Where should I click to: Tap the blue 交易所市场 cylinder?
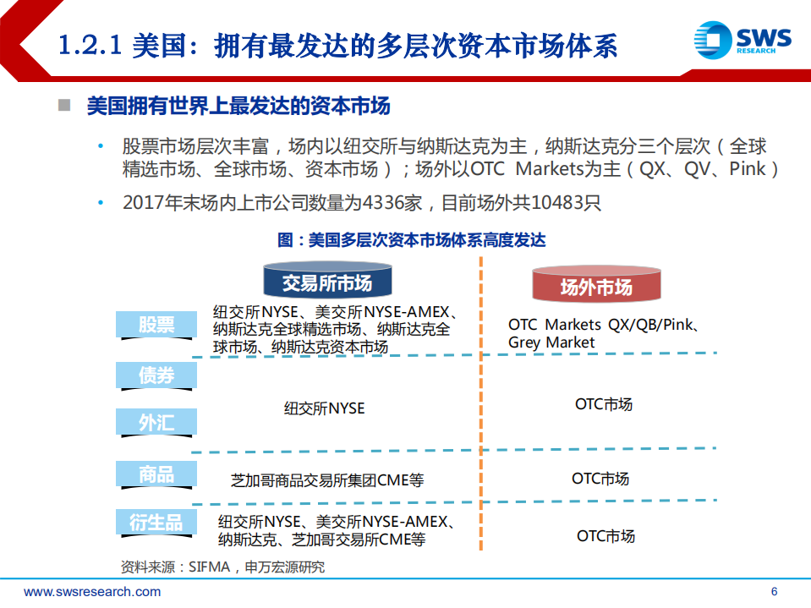pyautogui.click(x=327, y=282)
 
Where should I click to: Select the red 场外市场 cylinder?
pyautogui.click(x=596, y=287)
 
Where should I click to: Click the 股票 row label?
pyautogui.click(x=156, y=325)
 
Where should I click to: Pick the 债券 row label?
pyautogui.click(x=156, y=375)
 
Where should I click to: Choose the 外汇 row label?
pyautogui.click(x=156, y=422)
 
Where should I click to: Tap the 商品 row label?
pyautogui.click(x=156, y=474)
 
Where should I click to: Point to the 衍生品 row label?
pyautogui.click(x=156, y=523)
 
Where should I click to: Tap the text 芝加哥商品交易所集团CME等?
pyautogui.click(x=327, y=480)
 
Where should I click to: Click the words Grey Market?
pyautogui.click(x=551, y=342)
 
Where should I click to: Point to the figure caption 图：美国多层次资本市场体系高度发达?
pyautogui.click(x=412, y=240)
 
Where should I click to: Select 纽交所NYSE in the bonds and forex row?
pyautogui.click(x=324, y=408)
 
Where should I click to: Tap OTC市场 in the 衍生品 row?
pyautogui.click(x=606, y=535)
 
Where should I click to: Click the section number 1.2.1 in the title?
pyautogui.click(x=91, y=45)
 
